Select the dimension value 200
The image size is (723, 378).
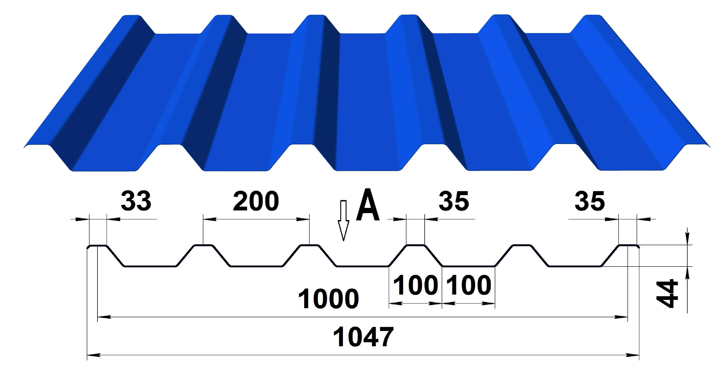[x=256, y=201]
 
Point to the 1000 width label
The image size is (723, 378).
[x=328, y=299]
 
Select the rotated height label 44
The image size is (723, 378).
[x=668, y=293]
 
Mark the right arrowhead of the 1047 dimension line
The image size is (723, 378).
[x=633, y=355]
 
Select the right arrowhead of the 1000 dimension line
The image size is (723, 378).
[x=621, y=317]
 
